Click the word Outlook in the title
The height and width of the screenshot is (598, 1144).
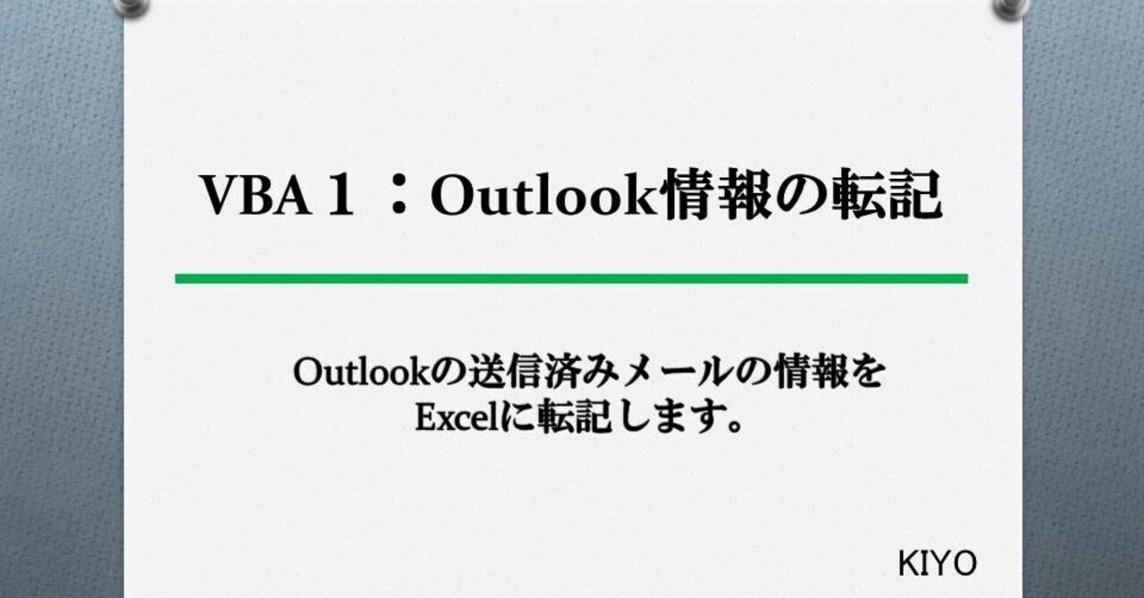545,196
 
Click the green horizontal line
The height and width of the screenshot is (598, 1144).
571,279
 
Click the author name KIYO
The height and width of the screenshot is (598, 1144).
937,564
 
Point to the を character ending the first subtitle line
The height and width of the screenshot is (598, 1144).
868,375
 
